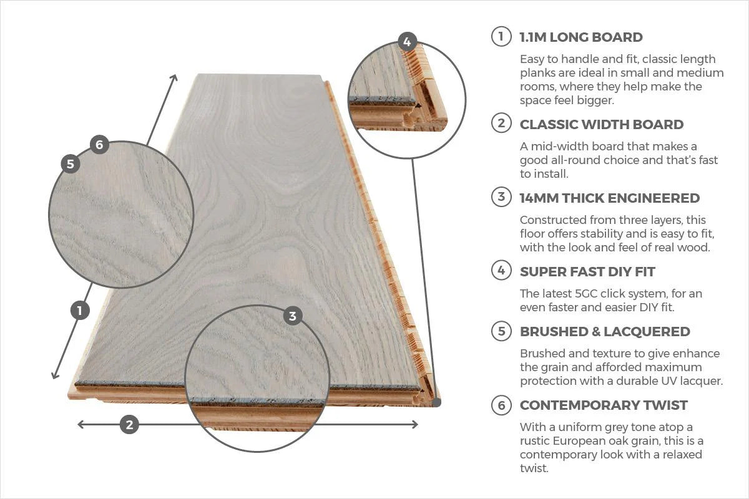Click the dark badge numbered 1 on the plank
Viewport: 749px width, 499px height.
pos(80,310)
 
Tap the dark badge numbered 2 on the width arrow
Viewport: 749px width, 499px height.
pos(129,425)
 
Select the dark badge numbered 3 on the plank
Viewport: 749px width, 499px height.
pos(293,316)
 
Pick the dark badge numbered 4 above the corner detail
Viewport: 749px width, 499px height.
pos(407,42)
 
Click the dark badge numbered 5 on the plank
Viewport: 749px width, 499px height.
pos(71,164)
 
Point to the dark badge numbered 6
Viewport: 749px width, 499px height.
pos(99,145)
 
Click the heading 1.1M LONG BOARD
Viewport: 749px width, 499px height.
pos(580,37)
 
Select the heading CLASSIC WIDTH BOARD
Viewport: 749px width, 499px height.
pos(601,124)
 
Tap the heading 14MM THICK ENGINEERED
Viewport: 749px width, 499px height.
pos(609,198)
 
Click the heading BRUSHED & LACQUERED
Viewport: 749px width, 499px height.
pos(604,331)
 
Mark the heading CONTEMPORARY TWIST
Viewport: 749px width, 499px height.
pos(603,405)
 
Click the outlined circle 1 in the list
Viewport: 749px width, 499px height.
pos(501,37)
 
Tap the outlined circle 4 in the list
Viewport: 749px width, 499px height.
pos(501,271)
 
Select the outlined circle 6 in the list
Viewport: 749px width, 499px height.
pos(501,405)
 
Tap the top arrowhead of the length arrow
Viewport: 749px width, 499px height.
pos(174,78)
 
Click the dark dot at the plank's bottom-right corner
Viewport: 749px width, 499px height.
pos(436,403)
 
